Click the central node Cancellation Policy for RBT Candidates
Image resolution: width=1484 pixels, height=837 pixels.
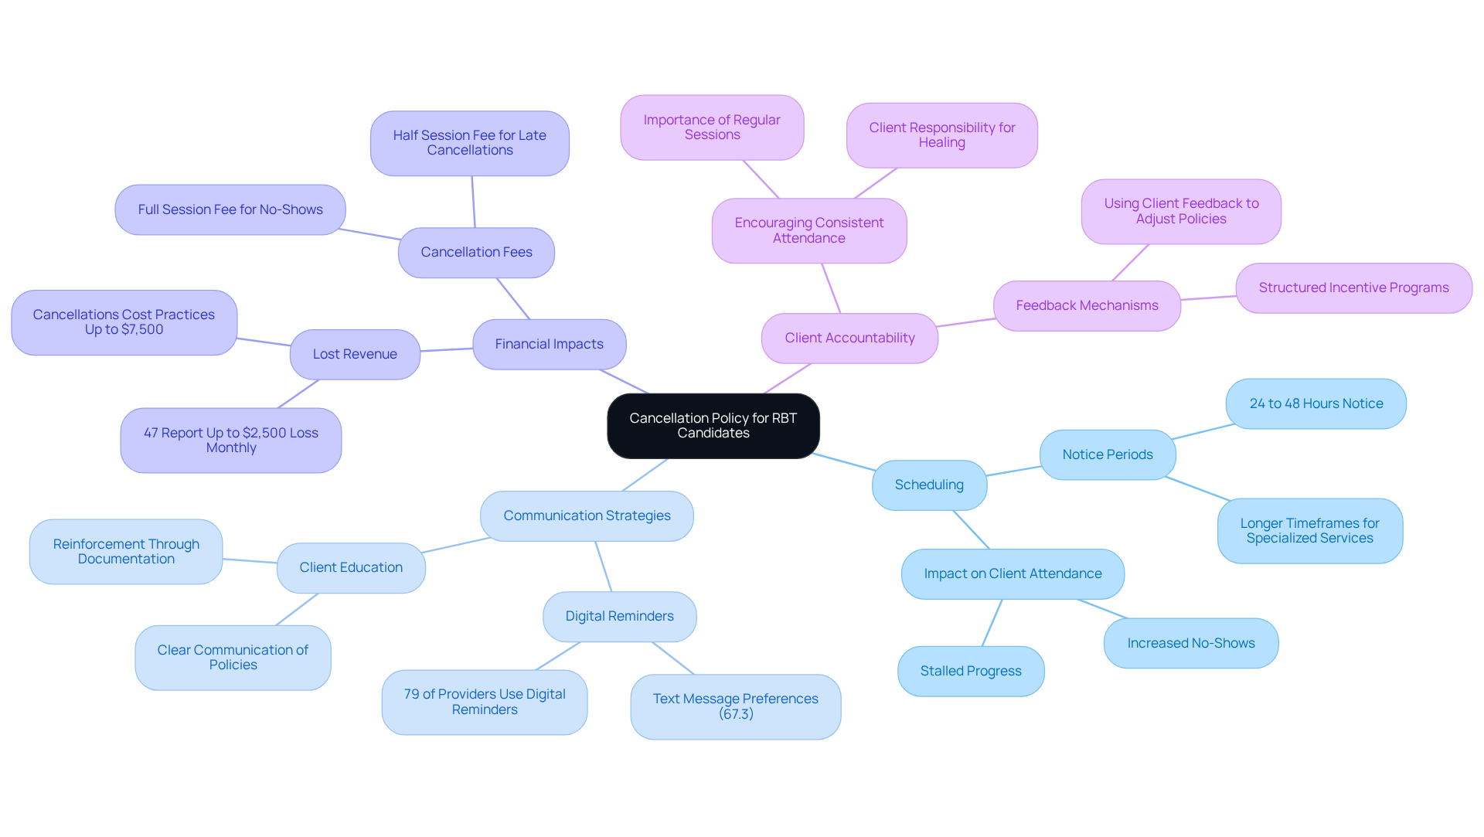coord(713,426)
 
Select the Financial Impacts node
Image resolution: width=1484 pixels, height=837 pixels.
coord(549,344)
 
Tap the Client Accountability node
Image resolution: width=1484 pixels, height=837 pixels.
coord(849,338)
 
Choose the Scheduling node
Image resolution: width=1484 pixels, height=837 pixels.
coord(929,485)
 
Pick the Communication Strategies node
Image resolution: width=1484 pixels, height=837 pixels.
coord(587,515)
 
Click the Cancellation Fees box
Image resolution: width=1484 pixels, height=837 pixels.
coord(476,252)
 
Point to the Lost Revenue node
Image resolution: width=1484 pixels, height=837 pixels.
coord(355,354)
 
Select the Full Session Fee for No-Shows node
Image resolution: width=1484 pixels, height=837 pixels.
coord(230,209)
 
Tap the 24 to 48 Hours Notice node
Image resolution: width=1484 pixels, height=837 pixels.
coord(1316,403)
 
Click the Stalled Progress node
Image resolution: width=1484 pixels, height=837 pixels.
coord(971,671)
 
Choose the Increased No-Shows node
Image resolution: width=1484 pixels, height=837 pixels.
coord(1190,643)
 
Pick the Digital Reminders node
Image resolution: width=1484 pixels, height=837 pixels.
coord(619,616)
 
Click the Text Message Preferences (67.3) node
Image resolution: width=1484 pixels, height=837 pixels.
coord(735,706)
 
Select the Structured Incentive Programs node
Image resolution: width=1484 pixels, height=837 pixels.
coord(1353,288)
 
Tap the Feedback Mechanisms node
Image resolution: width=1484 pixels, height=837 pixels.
coord(1087,305)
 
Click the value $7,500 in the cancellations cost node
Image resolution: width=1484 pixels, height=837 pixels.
coord(142,330)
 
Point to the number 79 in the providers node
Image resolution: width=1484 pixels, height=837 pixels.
coord(411,694)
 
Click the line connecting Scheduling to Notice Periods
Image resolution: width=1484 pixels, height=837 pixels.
coord(1013,471)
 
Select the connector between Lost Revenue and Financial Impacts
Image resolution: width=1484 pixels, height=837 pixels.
coord(447,350)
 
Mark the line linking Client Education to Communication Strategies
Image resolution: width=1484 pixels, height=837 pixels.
coord(457,546)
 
